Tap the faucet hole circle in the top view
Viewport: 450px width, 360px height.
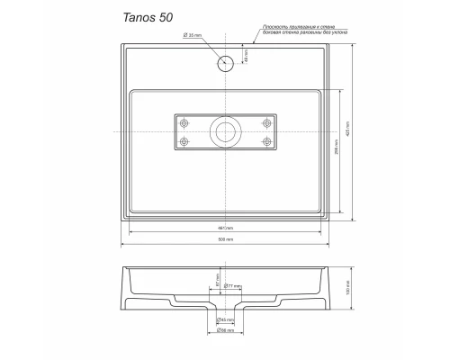(225, 63)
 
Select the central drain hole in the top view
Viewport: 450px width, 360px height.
(224, 133)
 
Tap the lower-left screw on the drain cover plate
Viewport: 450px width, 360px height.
(185, 141)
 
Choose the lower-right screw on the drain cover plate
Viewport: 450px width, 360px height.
(265, 141)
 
